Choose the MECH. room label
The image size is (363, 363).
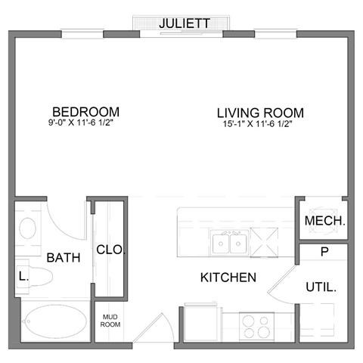(x=324, y=222)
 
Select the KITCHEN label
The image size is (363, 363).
(x=228, y=278)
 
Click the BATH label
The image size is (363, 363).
(x=64, y=258)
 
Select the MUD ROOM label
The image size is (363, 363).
(x=110, y=320)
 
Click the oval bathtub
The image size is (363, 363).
(x=55, y=323)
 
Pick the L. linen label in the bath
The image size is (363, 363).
(x=23, y=276)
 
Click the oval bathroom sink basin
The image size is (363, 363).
(x=26, y=227)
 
